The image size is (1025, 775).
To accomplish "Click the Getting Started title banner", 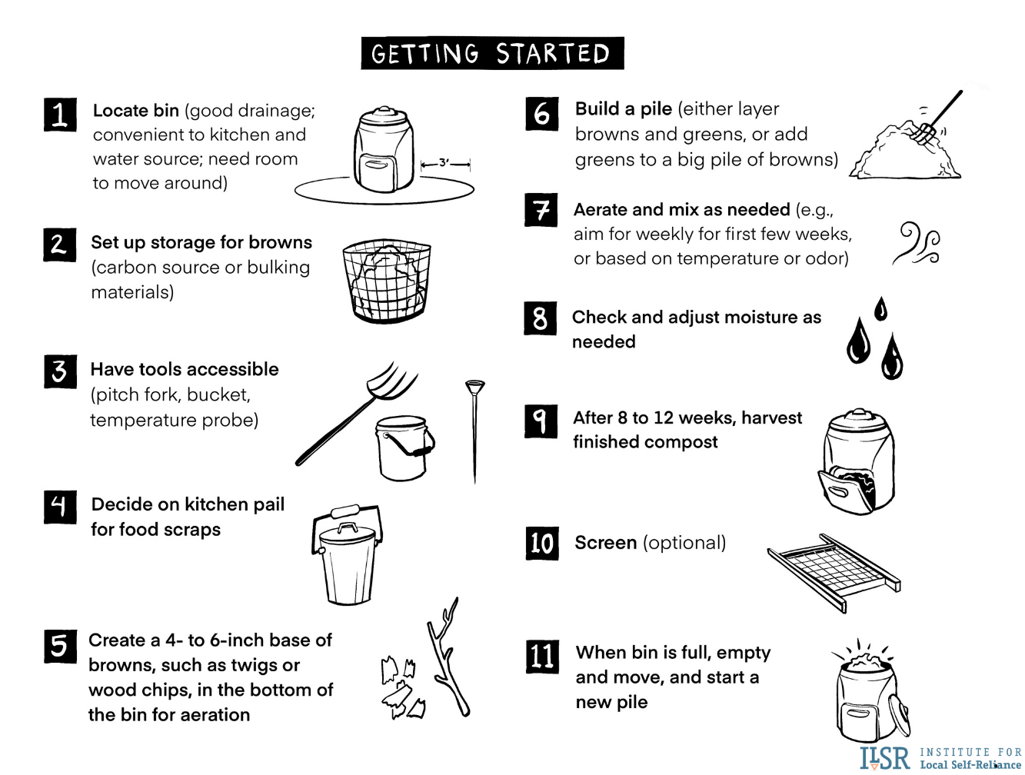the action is [x=492, y=53].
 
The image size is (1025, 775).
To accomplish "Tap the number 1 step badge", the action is [x=60, y=115].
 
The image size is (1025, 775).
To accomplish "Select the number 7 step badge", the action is [x=541, y=210].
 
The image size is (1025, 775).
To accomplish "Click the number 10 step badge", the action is [x=541, y=543].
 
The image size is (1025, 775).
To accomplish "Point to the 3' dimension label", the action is [x=444, y=163].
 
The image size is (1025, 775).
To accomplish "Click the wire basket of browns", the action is [x=386, y=282].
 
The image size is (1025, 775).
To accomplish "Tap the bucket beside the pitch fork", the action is [x=404, y=448].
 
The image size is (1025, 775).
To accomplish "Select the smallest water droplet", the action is [x=880, y=309].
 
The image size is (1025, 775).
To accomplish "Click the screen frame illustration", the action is [x=834, y=572].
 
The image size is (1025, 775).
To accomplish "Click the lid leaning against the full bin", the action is [x=898, y=716].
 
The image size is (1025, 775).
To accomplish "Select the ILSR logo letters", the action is [x=885, y=758].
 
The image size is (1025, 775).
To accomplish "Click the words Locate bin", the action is [x=136, y=111].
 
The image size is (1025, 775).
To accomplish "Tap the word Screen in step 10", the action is [x=606, y=543].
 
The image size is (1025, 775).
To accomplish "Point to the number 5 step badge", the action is [x=60, y=647].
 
